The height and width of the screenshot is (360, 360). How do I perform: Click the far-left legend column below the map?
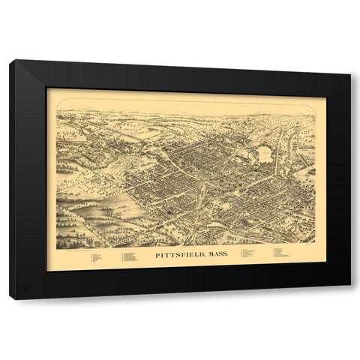[x=95, y=257]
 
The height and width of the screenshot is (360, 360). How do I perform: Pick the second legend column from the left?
[x=128, y=257]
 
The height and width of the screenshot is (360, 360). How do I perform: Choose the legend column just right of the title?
[x=247, y=253]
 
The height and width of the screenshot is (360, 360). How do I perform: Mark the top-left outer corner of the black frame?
[x=10, y=61]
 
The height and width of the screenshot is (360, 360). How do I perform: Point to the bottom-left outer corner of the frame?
[x=11, y=299]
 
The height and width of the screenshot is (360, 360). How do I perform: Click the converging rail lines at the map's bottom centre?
[x=196, y=225]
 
